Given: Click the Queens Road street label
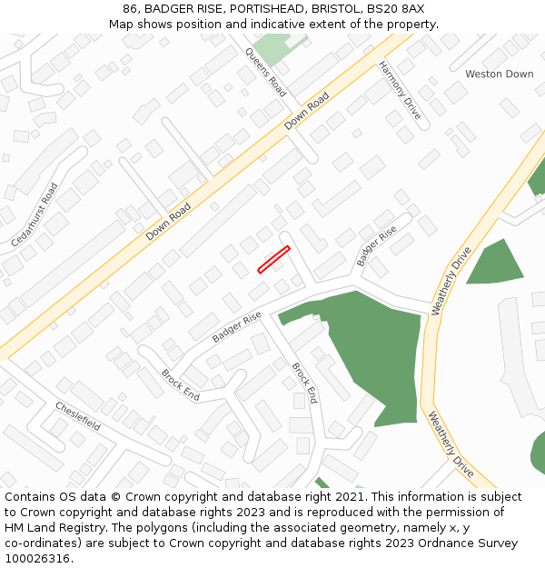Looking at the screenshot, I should (265, 72).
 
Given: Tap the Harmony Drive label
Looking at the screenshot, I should (400, 90).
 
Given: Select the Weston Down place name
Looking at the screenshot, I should (499, 74).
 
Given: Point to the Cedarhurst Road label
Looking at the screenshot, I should (35, 215).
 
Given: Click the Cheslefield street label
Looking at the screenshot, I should (77, 416).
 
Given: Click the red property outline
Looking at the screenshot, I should (273, 259).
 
